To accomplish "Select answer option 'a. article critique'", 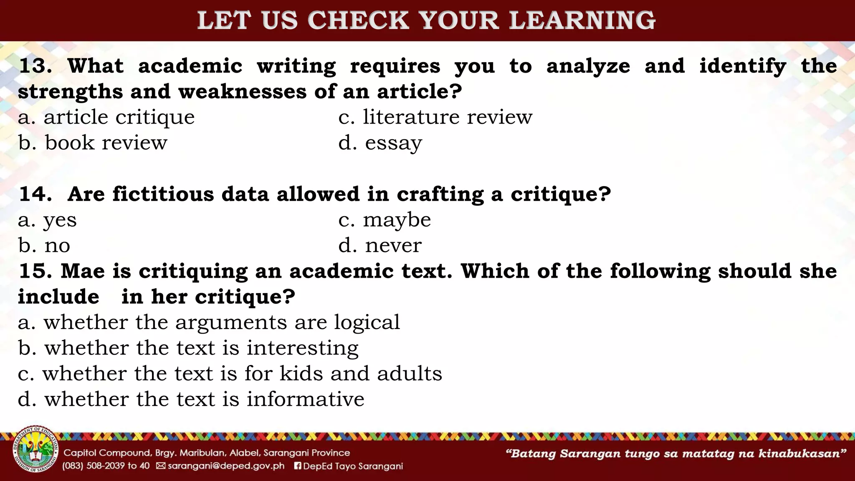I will [x=106, y=117].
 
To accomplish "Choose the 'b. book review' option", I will [x=92, y=143].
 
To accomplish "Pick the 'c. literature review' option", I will [x=435, y=117].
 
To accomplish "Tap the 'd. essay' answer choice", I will [x=380, y=143].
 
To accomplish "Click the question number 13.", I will [x=35, y=66].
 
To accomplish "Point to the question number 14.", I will [x=35, y=194].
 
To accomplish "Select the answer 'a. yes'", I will [x=47, y=220].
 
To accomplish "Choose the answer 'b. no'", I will [x=44, y=246].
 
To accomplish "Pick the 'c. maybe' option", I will [x=384, y=220].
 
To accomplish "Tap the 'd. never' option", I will [x=380, y=246].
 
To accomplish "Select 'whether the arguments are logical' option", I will [x=209, y=322].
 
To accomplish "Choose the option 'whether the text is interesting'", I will [x=188, y=348].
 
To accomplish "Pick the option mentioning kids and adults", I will [x=230, y=374].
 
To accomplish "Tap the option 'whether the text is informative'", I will [x=191, y=399].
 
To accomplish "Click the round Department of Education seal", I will [x=35, y=450].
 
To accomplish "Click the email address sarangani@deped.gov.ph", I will [x=225, y=466].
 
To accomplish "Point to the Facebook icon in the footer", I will [x=298, y=466].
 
